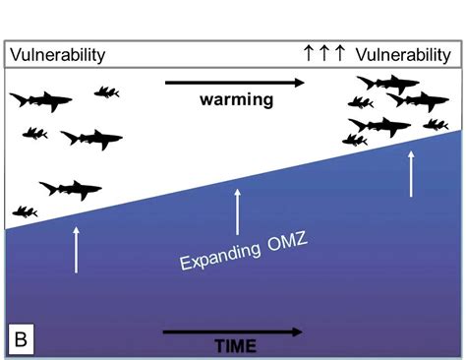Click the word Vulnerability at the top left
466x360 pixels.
coord(56,55)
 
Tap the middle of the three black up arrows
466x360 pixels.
coord(324,54)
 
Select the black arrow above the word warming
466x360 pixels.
coord(233,84)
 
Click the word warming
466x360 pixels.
coord(236,99)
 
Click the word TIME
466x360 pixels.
coord(235,345)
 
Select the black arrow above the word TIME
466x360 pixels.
coord(233,331)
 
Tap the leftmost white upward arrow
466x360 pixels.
coord(76,249)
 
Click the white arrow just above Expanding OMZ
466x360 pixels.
coord(237,211)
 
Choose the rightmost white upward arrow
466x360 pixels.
coord(412,175)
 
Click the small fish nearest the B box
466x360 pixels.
coord(24,210)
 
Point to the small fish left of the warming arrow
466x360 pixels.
coord(106,92)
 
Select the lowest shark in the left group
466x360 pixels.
coord(68,188)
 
